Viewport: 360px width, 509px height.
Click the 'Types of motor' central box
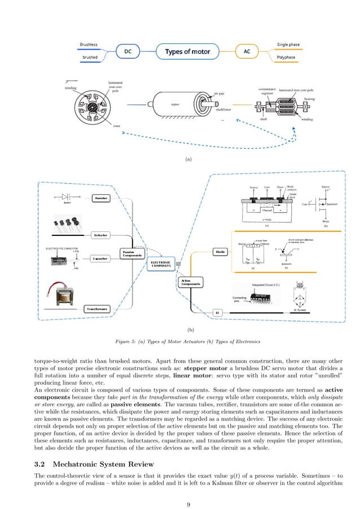[x=187, y=52]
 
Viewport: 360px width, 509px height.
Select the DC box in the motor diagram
[x=128, y=52]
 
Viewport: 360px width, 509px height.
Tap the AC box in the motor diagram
[x=247, y=52]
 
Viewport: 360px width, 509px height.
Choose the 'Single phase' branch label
[x=288, y=44]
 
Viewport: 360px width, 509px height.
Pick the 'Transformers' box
[x=98, y=308]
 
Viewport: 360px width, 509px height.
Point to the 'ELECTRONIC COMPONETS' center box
[x=162, y=264]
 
